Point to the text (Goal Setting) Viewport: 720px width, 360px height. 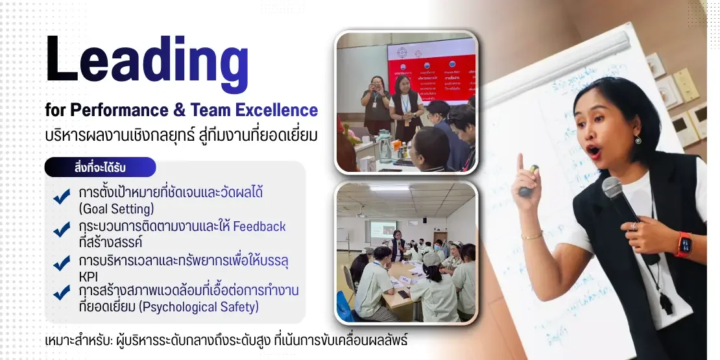[x=117, y=209]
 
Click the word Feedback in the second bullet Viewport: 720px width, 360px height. [x=259, y=226]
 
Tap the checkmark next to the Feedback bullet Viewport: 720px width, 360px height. [x=62, y=230]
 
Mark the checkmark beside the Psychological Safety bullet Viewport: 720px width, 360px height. [x=62, y=293]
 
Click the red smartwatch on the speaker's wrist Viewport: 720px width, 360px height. [x=683, y=244]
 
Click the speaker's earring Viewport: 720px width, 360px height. [x=638, y=140]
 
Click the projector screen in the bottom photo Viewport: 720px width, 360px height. [x=383, y=231]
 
